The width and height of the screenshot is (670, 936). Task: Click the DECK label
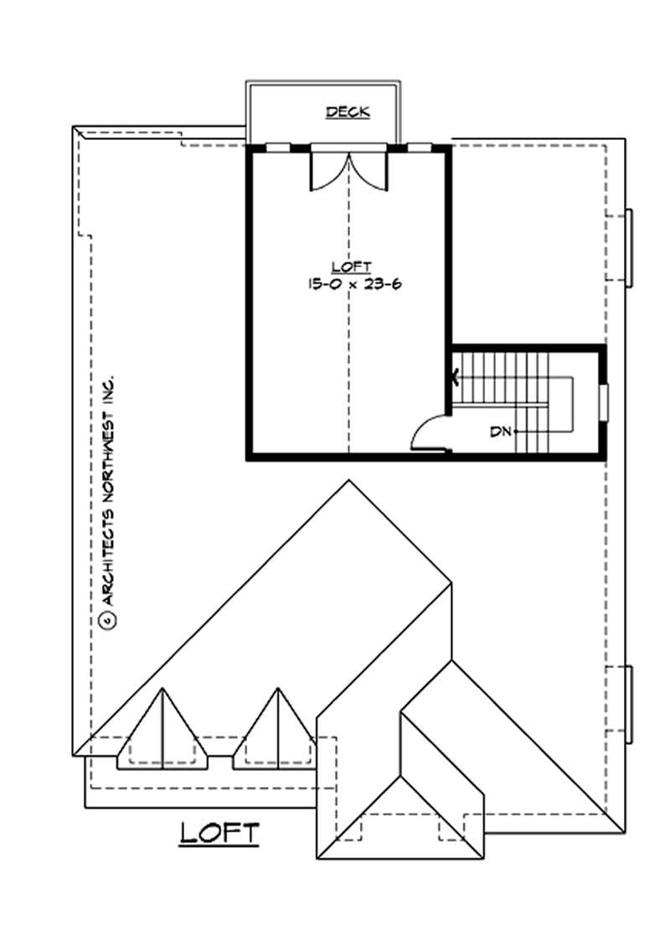coord(348,111)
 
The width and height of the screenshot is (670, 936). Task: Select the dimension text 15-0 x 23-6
coord(349,283)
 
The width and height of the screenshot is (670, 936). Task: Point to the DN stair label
coord(501,432)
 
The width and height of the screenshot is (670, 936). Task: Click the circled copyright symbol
coord(106,619)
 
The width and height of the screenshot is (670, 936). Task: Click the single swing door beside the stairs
coord(430,434)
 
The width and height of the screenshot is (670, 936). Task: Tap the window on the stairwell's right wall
coord(603,400)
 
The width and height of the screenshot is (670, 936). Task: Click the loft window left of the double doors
coord(277,147)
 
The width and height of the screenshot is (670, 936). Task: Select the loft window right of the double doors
coord(419,147)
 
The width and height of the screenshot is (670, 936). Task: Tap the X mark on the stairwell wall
coord(456,377)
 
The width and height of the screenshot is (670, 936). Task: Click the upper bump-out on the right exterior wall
coord(629,247)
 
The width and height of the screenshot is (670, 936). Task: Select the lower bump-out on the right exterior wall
coord(629,704)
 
